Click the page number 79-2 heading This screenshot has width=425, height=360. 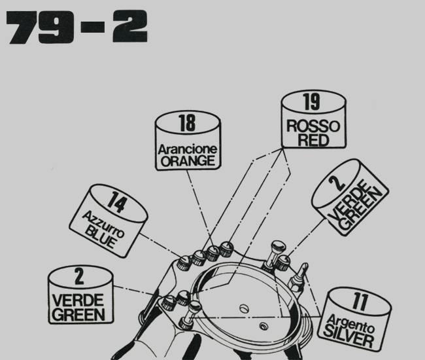point(76,27)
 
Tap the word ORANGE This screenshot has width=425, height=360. point(186,160)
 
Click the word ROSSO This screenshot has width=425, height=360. point(313,126)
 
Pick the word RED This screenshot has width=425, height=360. point(312,140)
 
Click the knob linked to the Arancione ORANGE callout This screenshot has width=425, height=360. point(212,253)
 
